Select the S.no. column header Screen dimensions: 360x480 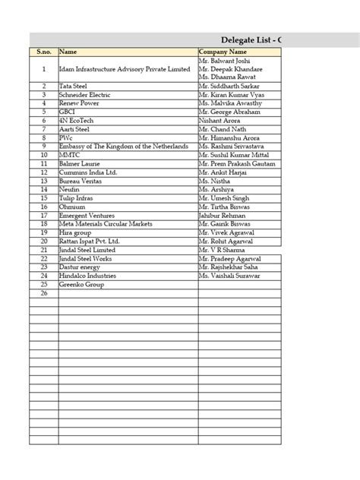[x=43, y=52]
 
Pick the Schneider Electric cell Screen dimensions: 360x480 [x=85, y=95]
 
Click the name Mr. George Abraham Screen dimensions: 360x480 [x=229, y=112]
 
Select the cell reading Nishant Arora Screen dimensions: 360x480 [x=220, y=120]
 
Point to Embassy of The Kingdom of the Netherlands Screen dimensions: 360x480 [x=123, y=145]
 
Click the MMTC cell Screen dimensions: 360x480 [x=69, y=154]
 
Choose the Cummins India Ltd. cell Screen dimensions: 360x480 [x=88, y=172]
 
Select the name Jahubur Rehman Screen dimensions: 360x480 [x=223, y=215]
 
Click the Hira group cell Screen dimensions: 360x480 [x=75, y=232]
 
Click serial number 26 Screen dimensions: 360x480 [x=43, y=292]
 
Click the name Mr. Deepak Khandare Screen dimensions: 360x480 [x=230, y=69]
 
